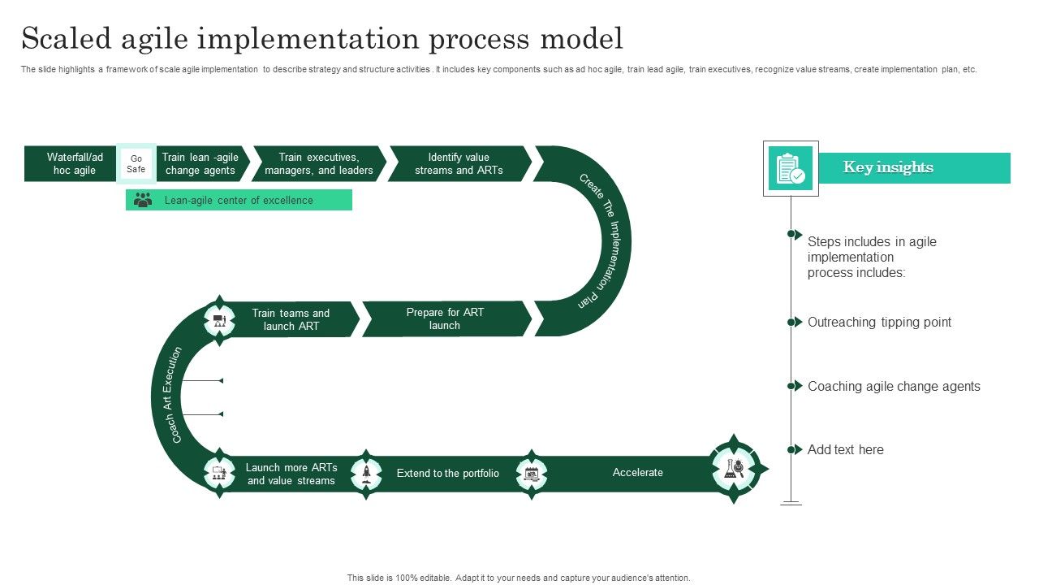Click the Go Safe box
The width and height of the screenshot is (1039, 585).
point(136,164)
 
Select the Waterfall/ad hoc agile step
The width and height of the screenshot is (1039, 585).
point(75,164)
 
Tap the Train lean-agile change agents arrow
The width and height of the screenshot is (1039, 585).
point(200,164)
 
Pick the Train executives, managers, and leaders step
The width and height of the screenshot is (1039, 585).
point(319,164)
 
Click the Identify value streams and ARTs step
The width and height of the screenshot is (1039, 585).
point(459,164)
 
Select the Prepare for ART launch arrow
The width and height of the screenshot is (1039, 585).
point(445,319)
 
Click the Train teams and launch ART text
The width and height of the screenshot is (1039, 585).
point(291,320)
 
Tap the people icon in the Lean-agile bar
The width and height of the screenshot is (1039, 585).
point(143,200)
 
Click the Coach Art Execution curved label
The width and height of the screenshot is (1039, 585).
point(166,395)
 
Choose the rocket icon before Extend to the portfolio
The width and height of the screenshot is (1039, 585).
point(367,472)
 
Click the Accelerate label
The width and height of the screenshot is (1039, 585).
point(638,473)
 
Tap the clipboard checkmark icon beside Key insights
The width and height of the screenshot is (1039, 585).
point(791,169)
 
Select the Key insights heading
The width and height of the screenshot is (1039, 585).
point(888,167)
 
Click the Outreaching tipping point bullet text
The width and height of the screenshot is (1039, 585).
point(879,323)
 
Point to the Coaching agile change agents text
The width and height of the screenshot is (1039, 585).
point(894,387)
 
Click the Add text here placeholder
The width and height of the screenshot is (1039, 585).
point(845,450)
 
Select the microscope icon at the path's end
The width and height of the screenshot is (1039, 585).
point(734,469)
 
